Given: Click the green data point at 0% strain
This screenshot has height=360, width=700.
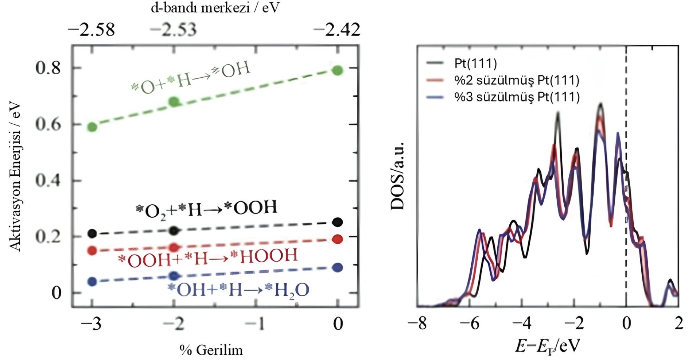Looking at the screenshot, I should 338,70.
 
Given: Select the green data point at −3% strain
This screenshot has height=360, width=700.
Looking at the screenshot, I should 92,127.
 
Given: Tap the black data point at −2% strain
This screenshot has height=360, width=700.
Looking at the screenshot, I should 175,231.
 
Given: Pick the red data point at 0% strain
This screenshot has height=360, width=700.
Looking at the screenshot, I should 338,239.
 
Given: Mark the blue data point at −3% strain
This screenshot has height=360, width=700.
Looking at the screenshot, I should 92,282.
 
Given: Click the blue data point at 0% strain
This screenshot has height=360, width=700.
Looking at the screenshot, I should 338,267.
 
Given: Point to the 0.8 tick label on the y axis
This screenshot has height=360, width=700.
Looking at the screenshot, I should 48,68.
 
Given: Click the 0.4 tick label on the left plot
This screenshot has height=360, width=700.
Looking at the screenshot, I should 48,181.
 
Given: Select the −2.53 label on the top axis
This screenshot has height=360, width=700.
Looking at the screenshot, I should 174,30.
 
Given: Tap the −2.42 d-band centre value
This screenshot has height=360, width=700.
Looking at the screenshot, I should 337,30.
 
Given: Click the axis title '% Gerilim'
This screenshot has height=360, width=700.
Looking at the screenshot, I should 211,350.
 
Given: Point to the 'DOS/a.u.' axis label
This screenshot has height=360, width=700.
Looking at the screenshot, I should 397,175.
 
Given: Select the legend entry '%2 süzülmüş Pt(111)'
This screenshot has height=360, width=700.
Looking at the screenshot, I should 516,80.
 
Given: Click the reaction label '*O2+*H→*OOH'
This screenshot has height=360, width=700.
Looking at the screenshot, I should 206,209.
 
